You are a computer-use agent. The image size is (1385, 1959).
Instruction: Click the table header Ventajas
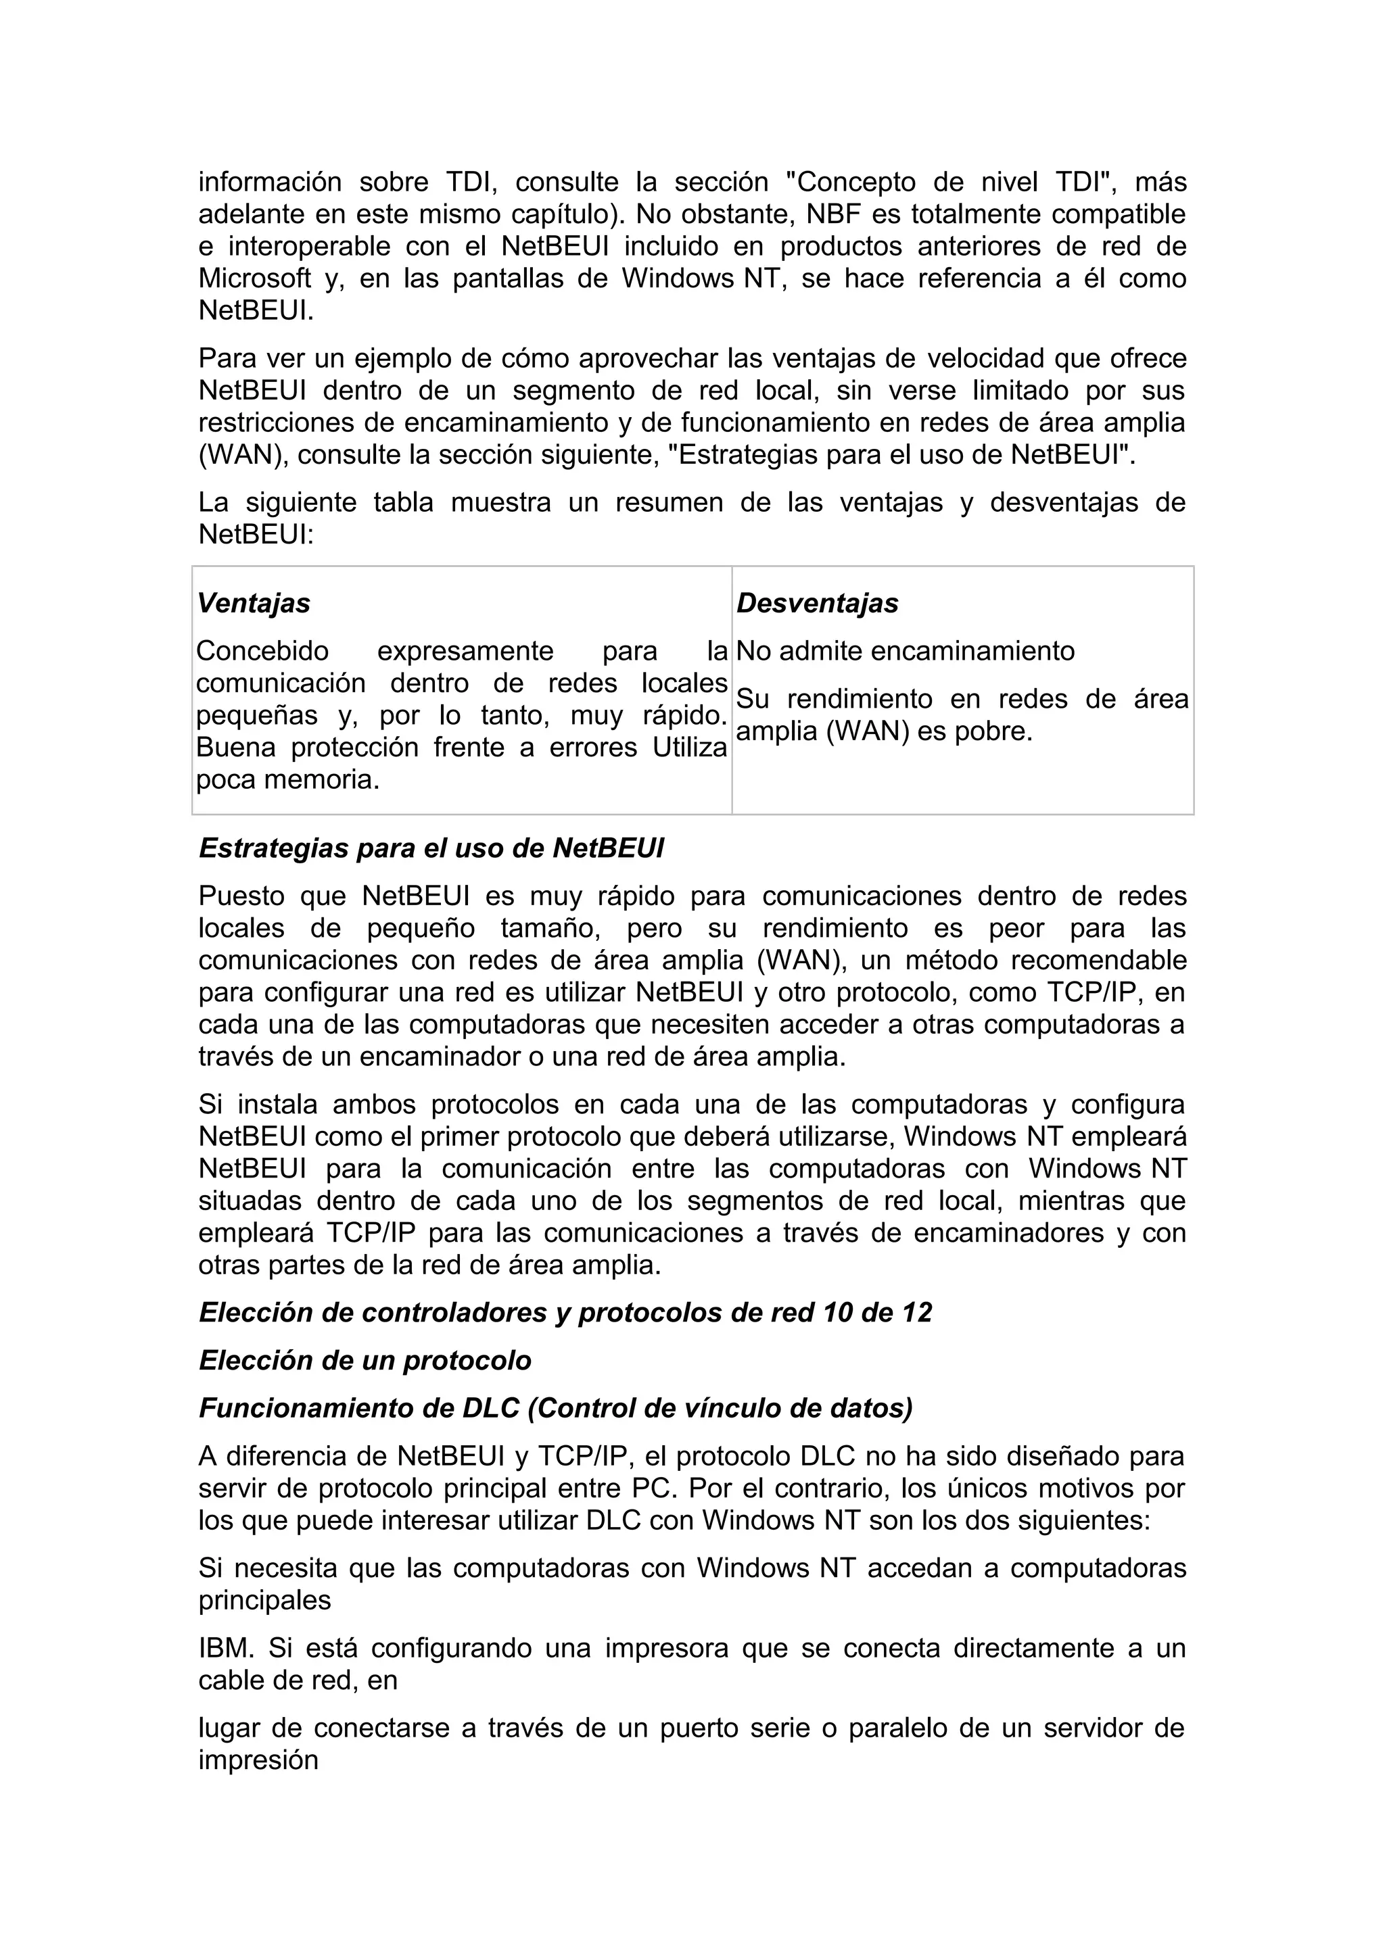pyautogui.click(x=254, y=603)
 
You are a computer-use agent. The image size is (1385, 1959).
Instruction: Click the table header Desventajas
pyautogui.click(x=817, y=603)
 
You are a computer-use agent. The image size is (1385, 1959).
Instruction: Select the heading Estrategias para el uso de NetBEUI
pyautogui.click(x=431, y=848)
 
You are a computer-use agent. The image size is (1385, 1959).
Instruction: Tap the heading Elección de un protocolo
pyautogui.click(x=365, y=1360)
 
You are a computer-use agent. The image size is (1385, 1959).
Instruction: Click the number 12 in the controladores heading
pyautogui.click(x=916, y=1312)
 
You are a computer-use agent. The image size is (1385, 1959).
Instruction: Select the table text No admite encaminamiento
pyautogui.click(x=905, y=651)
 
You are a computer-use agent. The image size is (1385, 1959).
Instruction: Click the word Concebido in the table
pyautogui.click(x=262, y=651)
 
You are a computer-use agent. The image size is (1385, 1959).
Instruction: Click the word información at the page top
pyautogui.click(x=270, y=183)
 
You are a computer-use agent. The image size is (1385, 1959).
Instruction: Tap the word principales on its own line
pyautogui.click(x=264, y=1600)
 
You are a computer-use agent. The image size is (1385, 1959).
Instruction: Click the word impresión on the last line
pyautogui.click(x=258, y=1760)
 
